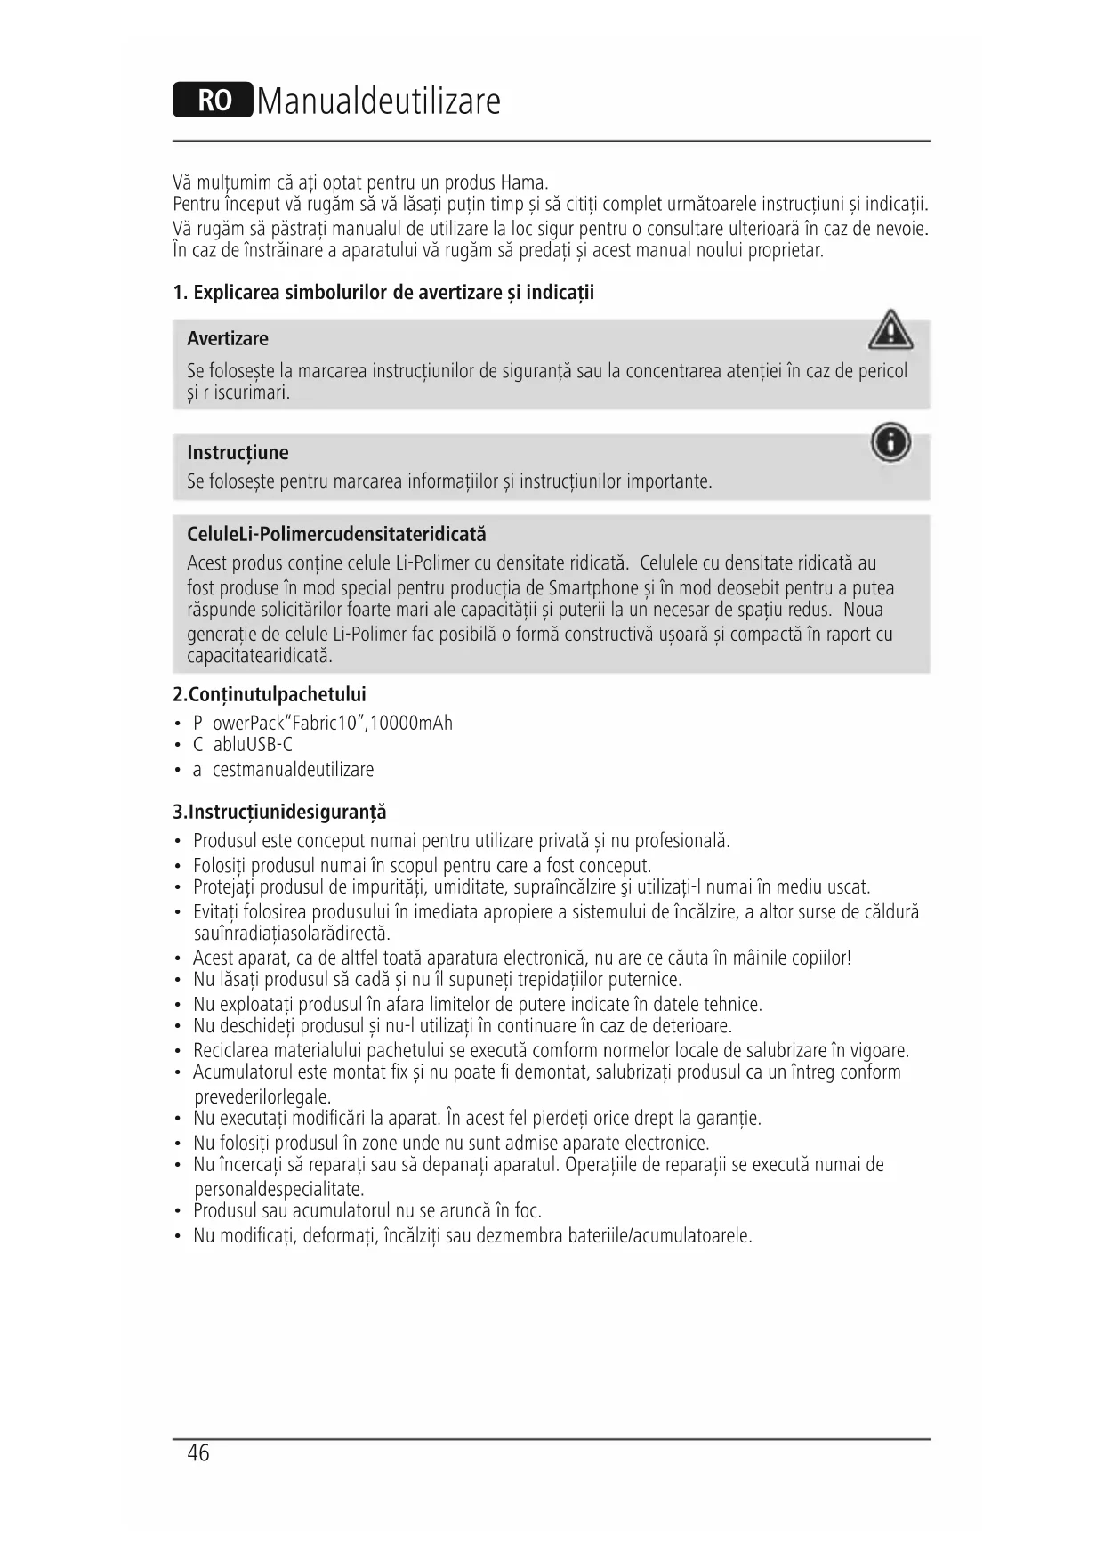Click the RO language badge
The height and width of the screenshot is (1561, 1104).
tap(213, 101)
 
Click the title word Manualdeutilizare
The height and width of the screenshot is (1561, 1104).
tap(379, 101)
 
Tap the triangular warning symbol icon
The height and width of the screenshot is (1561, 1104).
tap(890, 331)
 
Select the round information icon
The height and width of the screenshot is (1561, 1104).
tap(890, 442)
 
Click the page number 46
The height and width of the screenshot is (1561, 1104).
tap(198, 1453)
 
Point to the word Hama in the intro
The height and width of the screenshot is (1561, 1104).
tap(523, 183)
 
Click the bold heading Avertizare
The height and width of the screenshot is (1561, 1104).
tap(228, 339)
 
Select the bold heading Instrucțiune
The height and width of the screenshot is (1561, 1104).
tap(238, 453)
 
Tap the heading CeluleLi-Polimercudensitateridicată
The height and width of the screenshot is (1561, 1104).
tap(336, 535)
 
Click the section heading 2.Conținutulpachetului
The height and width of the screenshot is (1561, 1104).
tap(270, 694)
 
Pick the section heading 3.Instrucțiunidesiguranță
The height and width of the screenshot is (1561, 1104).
tap(279, 812)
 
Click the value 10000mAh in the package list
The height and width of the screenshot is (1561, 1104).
tap(412, 723)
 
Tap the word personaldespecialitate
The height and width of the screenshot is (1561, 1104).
tap(279, 1190)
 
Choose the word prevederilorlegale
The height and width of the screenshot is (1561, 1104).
tap(262, 1097)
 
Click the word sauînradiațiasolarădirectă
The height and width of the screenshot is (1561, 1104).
tap(292, 934)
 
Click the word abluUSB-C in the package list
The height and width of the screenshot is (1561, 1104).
tap(253, 745)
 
